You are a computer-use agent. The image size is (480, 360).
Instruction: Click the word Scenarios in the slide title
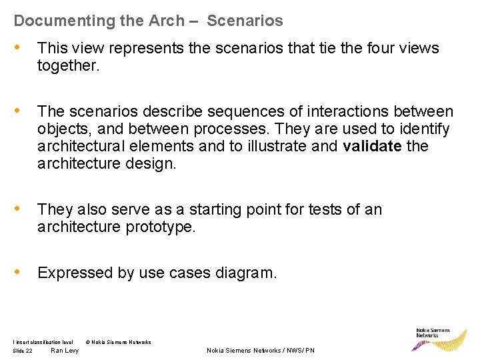[245, 21]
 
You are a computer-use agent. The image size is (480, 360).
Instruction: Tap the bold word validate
[373, 146]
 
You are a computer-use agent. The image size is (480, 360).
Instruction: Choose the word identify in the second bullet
[425, 129]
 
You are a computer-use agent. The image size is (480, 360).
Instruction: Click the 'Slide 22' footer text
[23, 351]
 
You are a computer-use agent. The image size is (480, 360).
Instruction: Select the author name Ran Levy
[65, 351]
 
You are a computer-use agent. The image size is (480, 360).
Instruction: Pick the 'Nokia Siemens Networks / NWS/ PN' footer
[261, 351]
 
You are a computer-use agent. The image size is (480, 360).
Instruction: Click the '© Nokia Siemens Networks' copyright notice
[119, 342]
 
